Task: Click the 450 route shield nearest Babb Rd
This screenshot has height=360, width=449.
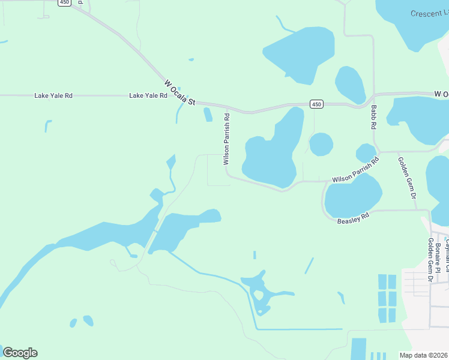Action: click(316, 104)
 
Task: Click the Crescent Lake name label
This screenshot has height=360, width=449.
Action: click(430, 13)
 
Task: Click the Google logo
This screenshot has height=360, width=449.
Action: click(20, 352)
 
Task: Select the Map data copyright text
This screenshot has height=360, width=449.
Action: click(424, 355)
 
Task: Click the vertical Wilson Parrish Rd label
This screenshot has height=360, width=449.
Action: click(226, 139)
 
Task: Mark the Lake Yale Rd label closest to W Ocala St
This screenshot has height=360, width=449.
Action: click(148, 95)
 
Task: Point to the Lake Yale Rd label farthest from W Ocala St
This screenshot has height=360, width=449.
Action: click(53, 95)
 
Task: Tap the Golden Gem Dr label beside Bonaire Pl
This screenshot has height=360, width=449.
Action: click(430, 259)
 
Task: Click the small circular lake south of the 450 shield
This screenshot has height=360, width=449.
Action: click(321, 144)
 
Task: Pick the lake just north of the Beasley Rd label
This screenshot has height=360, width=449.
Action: click(353, 197)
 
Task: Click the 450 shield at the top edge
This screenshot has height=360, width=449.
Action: click(64, 3)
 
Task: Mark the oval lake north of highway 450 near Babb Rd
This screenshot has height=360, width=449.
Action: click(350, 84)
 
